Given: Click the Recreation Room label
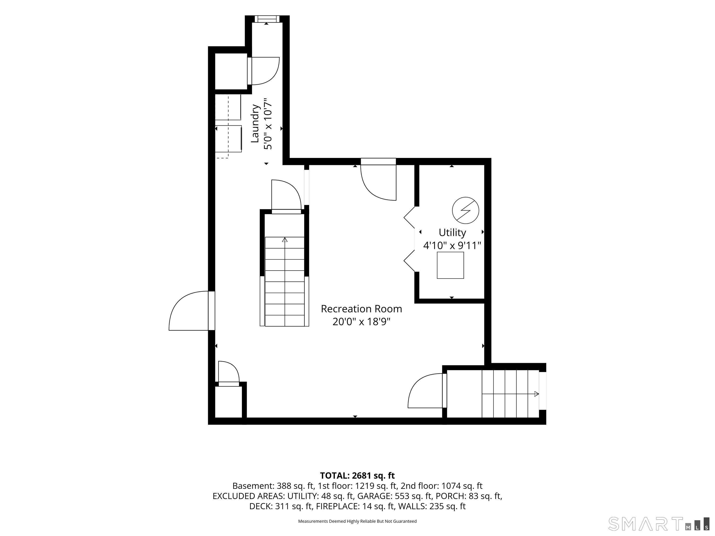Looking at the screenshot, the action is click(361, 309).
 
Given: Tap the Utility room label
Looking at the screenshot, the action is click(452, 233).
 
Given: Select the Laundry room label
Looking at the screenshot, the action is click(255, 123).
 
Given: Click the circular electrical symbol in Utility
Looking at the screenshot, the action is click(465, 210).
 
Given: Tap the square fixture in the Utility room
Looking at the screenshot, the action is click(450, 265).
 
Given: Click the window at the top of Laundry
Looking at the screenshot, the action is click(267, 19).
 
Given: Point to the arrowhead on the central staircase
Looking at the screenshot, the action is click(285, 240).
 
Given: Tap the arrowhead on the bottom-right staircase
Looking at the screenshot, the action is click(536, 394).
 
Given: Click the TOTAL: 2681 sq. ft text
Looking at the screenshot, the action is click(357, 476).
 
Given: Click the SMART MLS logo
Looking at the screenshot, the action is click(659, 524).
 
